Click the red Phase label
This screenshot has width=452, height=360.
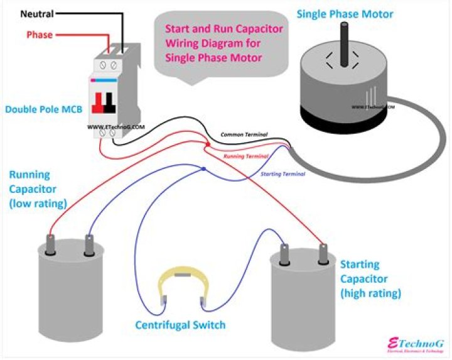(x=39, y=35)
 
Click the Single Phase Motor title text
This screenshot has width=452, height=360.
(x=345, y=14)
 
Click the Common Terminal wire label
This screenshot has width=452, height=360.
(x=244, y=135)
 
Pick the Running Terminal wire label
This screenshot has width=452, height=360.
(x=246, y=156)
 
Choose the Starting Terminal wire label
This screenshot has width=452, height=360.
(x=282, y=173)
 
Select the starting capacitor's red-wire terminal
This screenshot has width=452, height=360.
(x=324, y=253)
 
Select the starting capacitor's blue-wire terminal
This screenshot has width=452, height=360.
(x=285, y=253)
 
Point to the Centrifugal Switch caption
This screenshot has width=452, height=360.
(x=180, y=325)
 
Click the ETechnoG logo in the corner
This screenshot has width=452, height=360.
(x=416, y=345)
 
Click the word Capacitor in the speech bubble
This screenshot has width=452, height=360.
(x=259, y=29)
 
